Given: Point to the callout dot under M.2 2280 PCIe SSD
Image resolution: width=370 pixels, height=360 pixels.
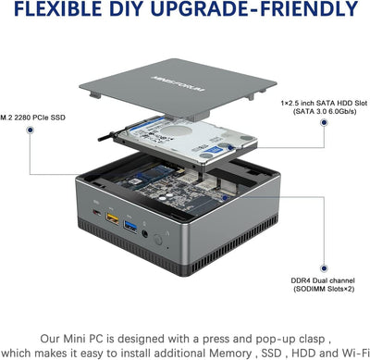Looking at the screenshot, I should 31,131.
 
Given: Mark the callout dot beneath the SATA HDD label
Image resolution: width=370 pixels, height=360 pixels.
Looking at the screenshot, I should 339,131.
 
